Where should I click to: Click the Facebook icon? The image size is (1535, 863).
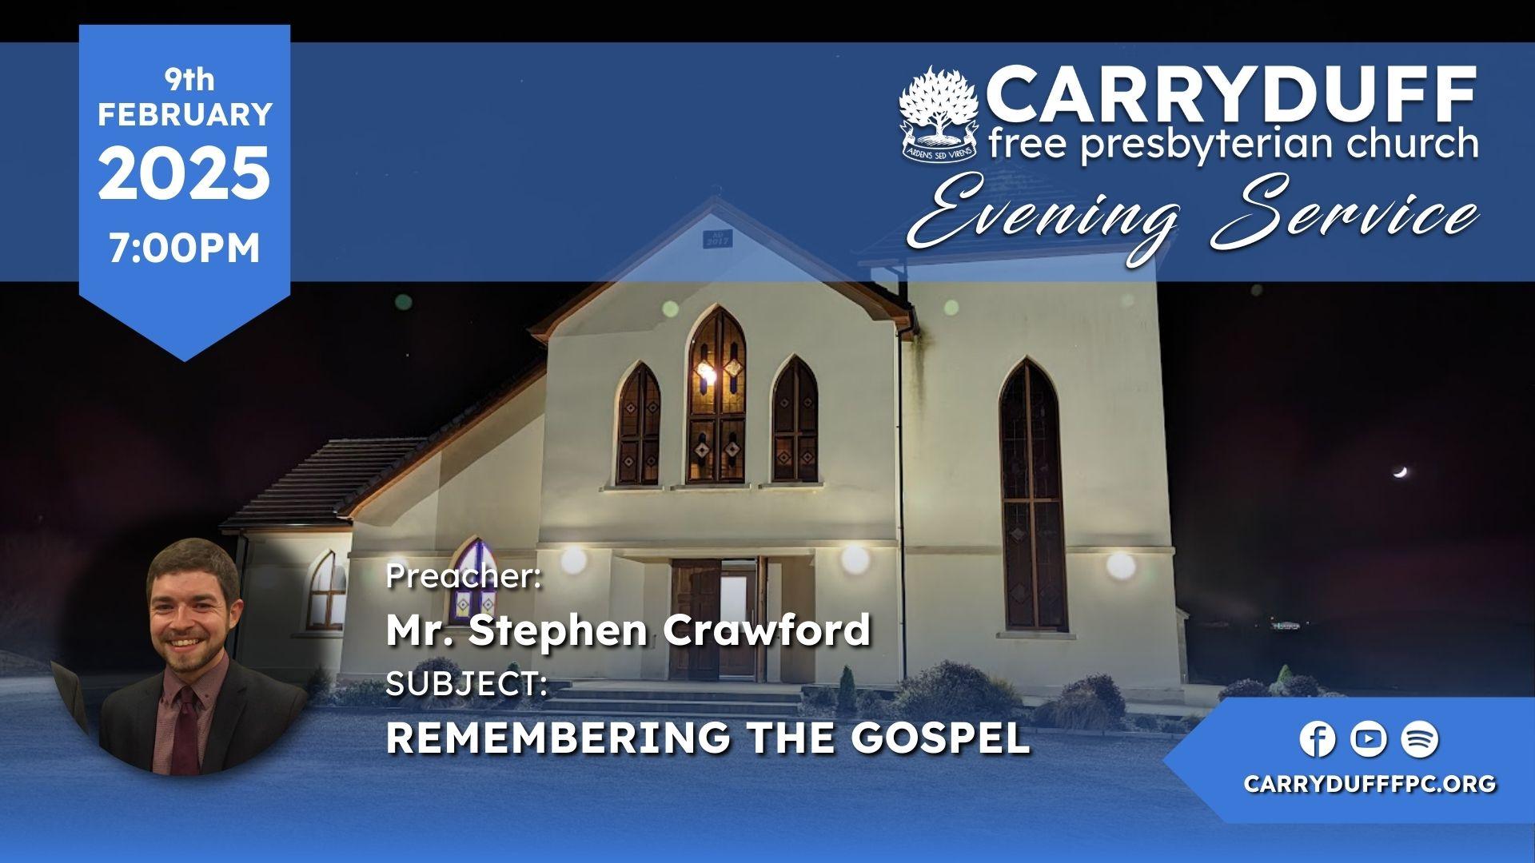[x=1317, y=739]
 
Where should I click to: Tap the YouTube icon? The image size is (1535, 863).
[x=1368, y=739]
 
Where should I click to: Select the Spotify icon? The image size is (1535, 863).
[x=1420, y=739]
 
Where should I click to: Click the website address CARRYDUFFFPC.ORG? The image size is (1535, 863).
[x=1370, y=785]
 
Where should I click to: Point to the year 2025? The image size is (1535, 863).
[x=184, y=174]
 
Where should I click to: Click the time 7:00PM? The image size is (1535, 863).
[x=185, y=249]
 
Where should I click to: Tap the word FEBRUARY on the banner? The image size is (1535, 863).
[x=185, y=114]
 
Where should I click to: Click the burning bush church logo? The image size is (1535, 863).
[x=939, y=114]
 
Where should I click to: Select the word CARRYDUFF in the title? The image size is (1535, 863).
[x=1232, y=94]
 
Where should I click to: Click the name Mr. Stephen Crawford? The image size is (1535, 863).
[x=628, y=630]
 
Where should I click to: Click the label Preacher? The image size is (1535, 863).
[x=464, y=576]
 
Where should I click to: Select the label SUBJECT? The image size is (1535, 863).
[x=466, y=684]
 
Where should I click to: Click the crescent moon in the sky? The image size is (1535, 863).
[x=1399, y=473]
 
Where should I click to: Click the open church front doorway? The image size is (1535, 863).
[x=736, y=615]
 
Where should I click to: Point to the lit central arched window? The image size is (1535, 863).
[x=716, y=396]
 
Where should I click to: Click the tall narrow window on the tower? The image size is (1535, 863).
[x=1033, y=495]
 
